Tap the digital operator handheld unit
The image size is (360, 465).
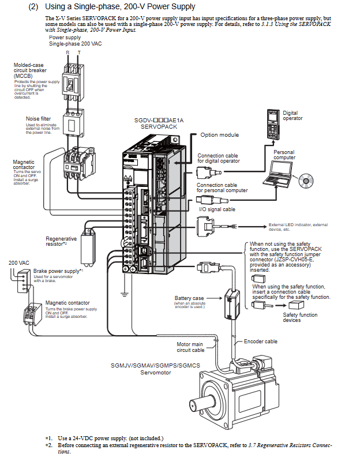pos(273,124)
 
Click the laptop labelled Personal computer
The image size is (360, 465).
pos(278,174)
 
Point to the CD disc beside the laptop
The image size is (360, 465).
pos(306,181)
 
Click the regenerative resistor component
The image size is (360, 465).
pos(88,247)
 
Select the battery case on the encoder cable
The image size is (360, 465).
pos(232,303)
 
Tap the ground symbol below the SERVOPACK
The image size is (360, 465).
pos(125,294)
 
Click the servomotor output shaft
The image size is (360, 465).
pos(202,403)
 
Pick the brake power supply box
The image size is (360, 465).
pos(24,281)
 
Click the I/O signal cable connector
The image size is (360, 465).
pos(205,226)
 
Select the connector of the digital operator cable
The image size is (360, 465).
pos(208,172)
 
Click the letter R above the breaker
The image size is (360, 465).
pos(67,52)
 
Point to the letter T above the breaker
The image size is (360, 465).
pos(79,52)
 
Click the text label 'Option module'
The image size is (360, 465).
pos(219,134)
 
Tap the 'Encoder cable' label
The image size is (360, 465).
pos(260,342)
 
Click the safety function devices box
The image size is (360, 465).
pos(296,305)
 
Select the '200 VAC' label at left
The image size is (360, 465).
pos(19,262)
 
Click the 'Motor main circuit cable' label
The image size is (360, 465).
pos(190,347)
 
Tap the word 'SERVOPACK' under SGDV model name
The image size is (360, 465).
pos(159,126)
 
